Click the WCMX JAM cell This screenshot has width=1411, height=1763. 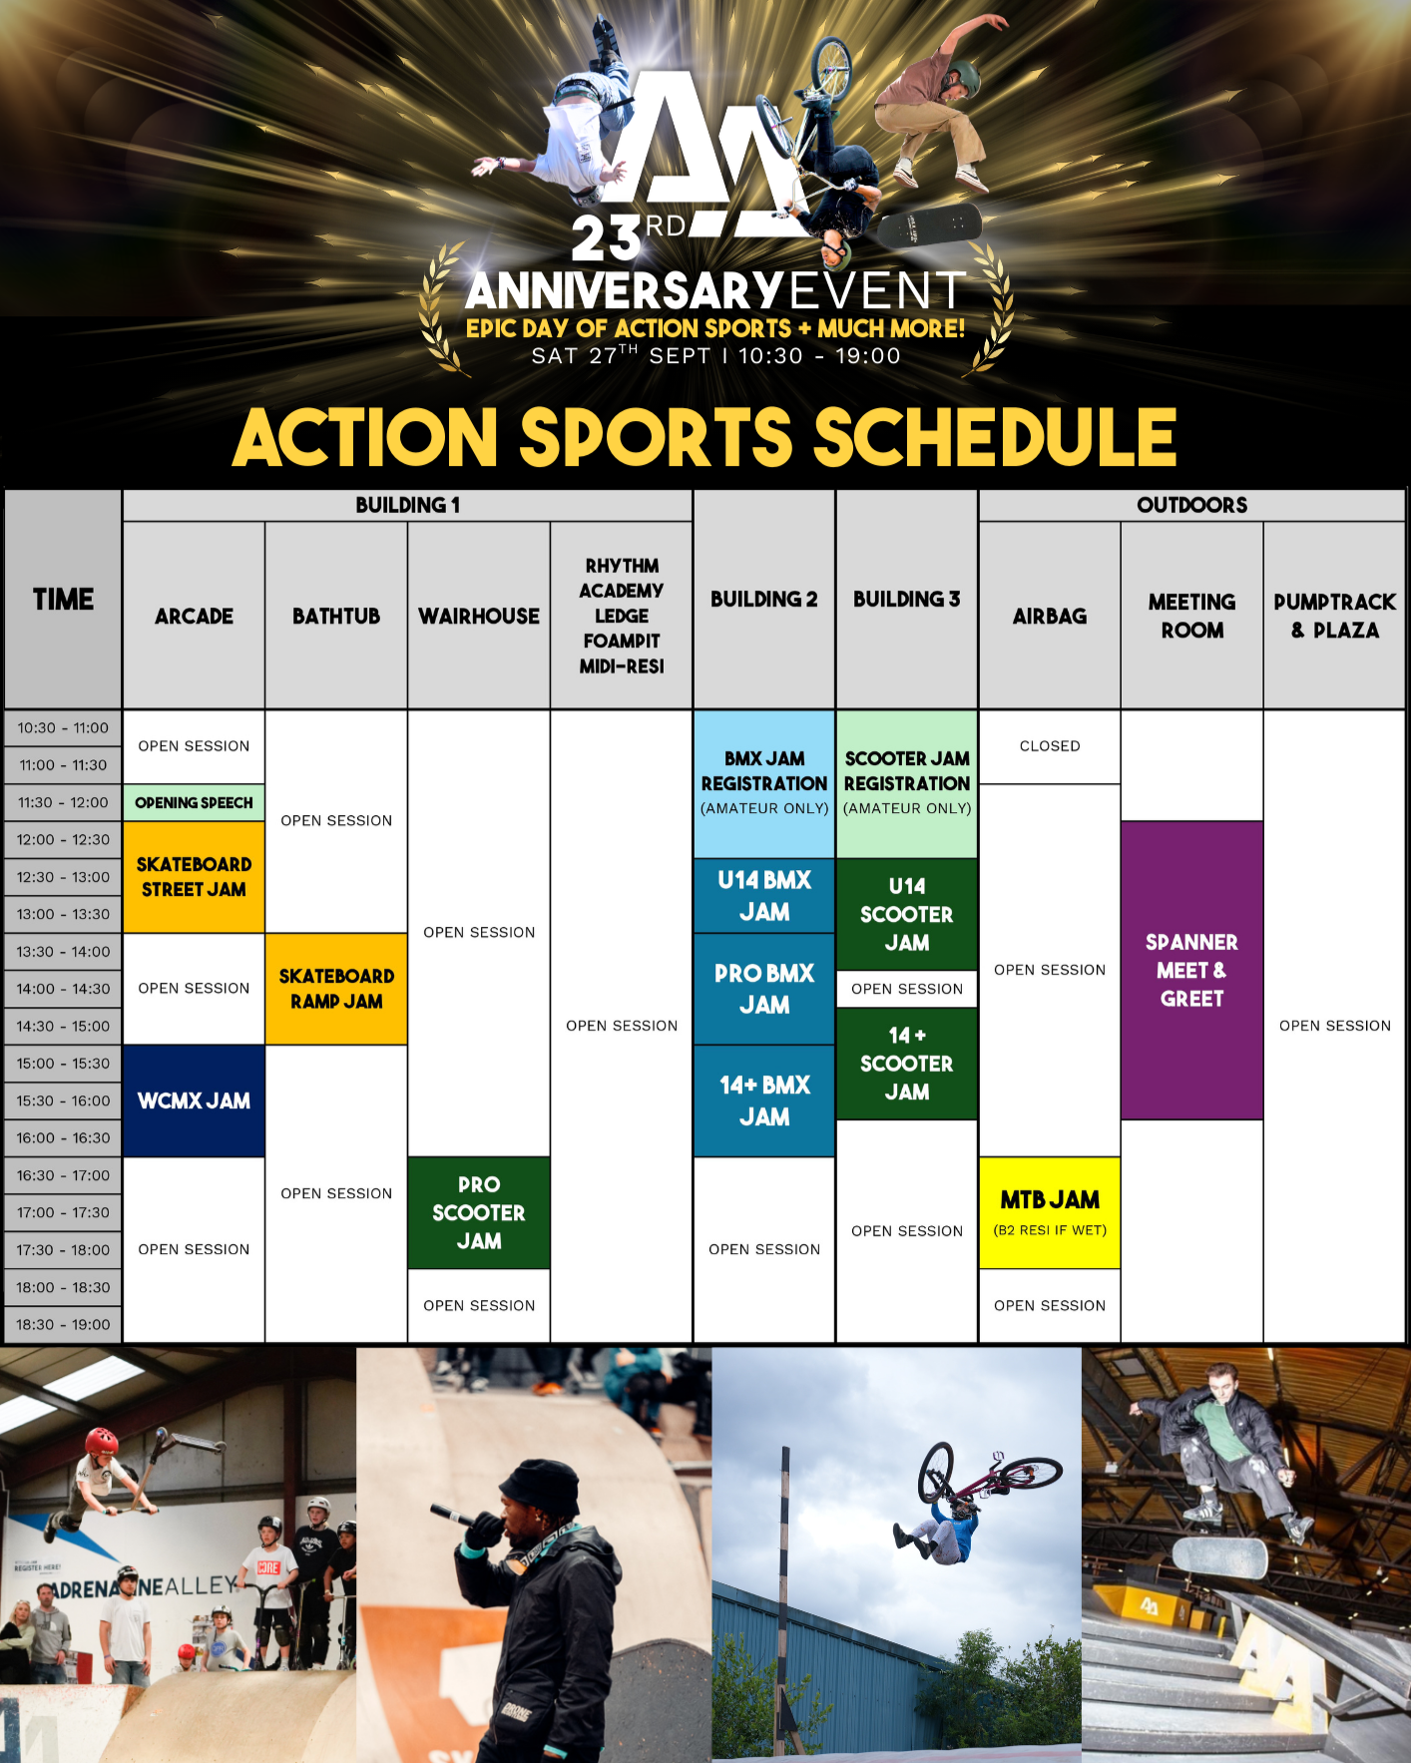(x=194, y=1101)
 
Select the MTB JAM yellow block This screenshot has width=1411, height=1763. (x=1050, y=1211)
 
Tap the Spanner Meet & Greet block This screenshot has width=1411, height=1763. (x=1191, y=970)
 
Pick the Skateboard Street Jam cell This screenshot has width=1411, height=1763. (x=194, y=877)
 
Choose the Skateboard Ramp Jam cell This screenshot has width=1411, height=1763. (x=336, y=989)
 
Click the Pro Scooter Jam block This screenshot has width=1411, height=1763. (x=479, y=1212)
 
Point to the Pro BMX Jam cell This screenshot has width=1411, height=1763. (x=764, y=989)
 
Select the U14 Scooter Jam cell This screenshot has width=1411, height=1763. (x=907, y=914)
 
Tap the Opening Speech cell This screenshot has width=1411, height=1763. (x=194, y=802)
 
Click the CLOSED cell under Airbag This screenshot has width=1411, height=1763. (x=1050, y=746)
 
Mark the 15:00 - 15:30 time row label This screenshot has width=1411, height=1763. (x=63, y=1064)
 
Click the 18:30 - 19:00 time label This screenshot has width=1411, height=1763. (x=63, y=1325)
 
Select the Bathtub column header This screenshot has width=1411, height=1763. (x=336, y=616)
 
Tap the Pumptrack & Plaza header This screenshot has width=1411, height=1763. (x=1334, y=616)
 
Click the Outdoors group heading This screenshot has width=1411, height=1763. (x=1191, y=505)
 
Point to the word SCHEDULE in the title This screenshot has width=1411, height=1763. (x=995, y=437)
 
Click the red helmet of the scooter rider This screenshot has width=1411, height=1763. (x=102, y=1440)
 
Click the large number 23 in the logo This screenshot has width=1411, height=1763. (x=606, y=239)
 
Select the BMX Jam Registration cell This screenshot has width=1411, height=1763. (x=764, y=783)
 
